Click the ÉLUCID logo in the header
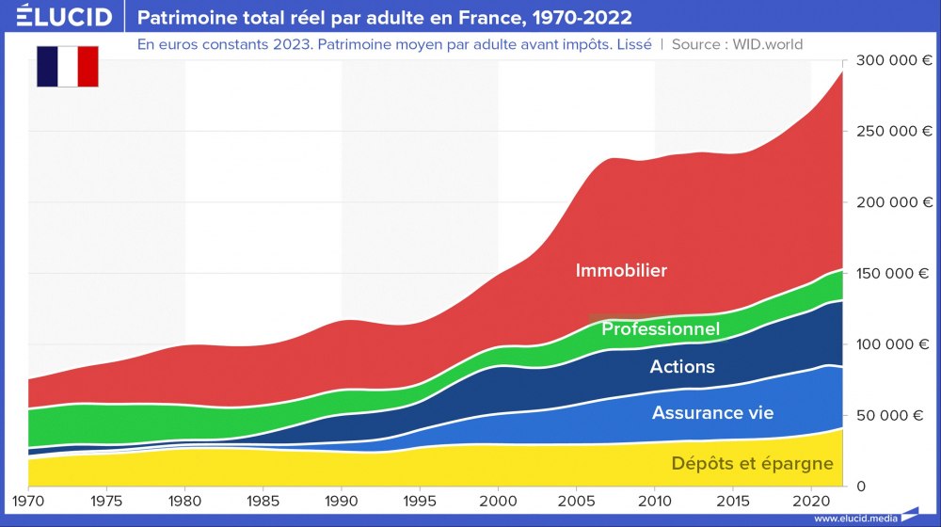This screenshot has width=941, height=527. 57,17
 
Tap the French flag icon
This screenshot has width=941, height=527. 68,66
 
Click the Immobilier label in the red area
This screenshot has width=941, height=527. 621,271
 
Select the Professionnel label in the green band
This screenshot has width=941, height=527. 661,328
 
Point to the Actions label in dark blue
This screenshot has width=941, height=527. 682,367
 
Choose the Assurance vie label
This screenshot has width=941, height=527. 712,413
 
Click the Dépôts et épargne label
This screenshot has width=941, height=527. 752,463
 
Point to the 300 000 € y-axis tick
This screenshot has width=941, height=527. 894,60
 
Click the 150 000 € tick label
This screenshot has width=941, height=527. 894,273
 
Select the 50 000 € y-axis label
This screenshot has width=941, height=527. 898,415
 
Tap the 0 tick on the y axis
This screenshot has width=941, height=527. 860,486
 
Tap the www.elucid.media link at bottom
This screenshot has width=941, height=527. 854,519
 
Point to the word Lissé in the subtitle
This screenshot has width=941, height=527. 633,44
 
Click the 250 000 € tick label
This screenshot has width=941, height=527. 894,131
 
